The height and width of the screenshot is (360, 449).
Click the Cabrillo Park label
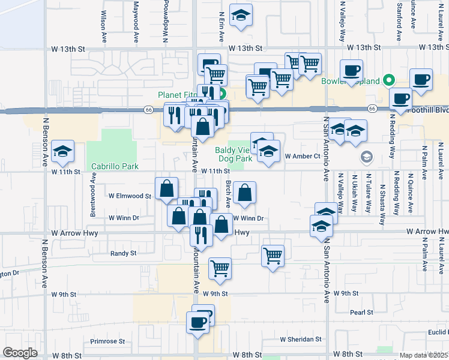click(115, 166)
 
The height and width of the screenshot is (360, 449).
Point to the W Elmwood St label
click(130, 196)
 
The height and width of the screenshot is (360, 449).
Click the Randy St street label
click(123, 254)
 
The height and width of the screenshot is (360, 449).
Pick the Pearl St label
click(362, 312)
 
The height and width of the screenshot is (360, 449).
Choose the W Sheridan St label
click(301, 340)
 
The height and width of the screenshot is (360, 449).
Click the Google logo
click(20, 353)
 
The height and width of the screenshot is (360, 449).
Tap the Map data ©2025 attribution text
click(423, 355)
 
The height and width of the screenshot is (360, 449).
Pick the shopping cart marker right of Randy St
click(273, 256)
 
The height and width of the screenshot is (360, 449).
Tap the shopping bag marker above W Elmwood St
click(166, 188)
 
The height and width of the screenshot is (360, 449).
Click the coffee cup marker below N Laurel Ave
click(421, 79)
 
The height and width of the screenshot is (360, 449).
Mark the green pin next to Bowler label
click(389, 79)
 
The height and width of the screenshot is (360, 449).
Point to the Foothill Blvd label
click(427, 110)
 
